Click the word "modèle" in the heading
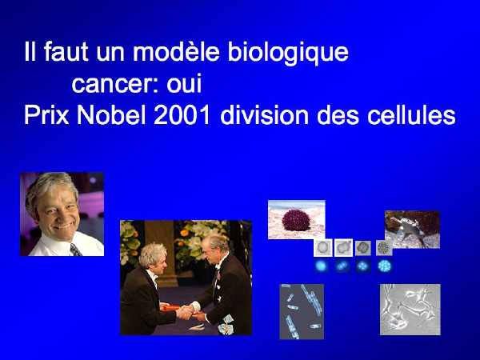(x=176, y=52)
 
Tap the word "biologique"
(x=288, y=54)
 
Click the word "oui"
(x=184, y=82)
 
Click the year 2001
(x=182, y=115)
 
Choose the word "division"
(x=264, y=115)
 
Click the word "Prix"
(x=46, y=115)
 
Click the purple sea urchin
(x=296, y=221)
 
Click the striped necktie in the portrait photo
(x=75, y=250)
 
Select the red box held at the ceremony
(x=170, y=306)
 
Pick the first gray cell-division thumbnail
(x=323, y=247)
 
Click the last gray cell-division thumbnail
(x=384, y=248)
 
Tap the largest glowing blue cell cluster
(x=384, y=266)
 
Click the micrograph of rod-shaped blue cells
(x=302, y=312)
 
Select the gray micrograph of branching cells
(x=410, y=310)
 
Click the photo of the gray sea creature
(x=412, y=230)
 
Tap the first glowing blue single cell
(x=321, y=266)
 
